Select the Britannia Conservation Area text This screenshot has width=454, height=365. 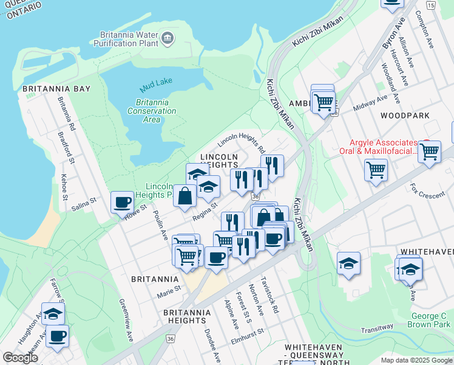[x=152, y=111]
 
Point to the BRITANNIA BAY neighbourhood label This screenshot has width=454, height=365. [x=56, y=89]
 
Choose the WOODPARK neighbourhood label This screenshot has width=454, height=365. [x=405, y=115]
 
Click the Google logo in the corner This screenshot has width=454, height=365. [x=20, y=357]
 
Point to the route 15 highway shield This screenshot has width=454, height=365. [x=430, y=5]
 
